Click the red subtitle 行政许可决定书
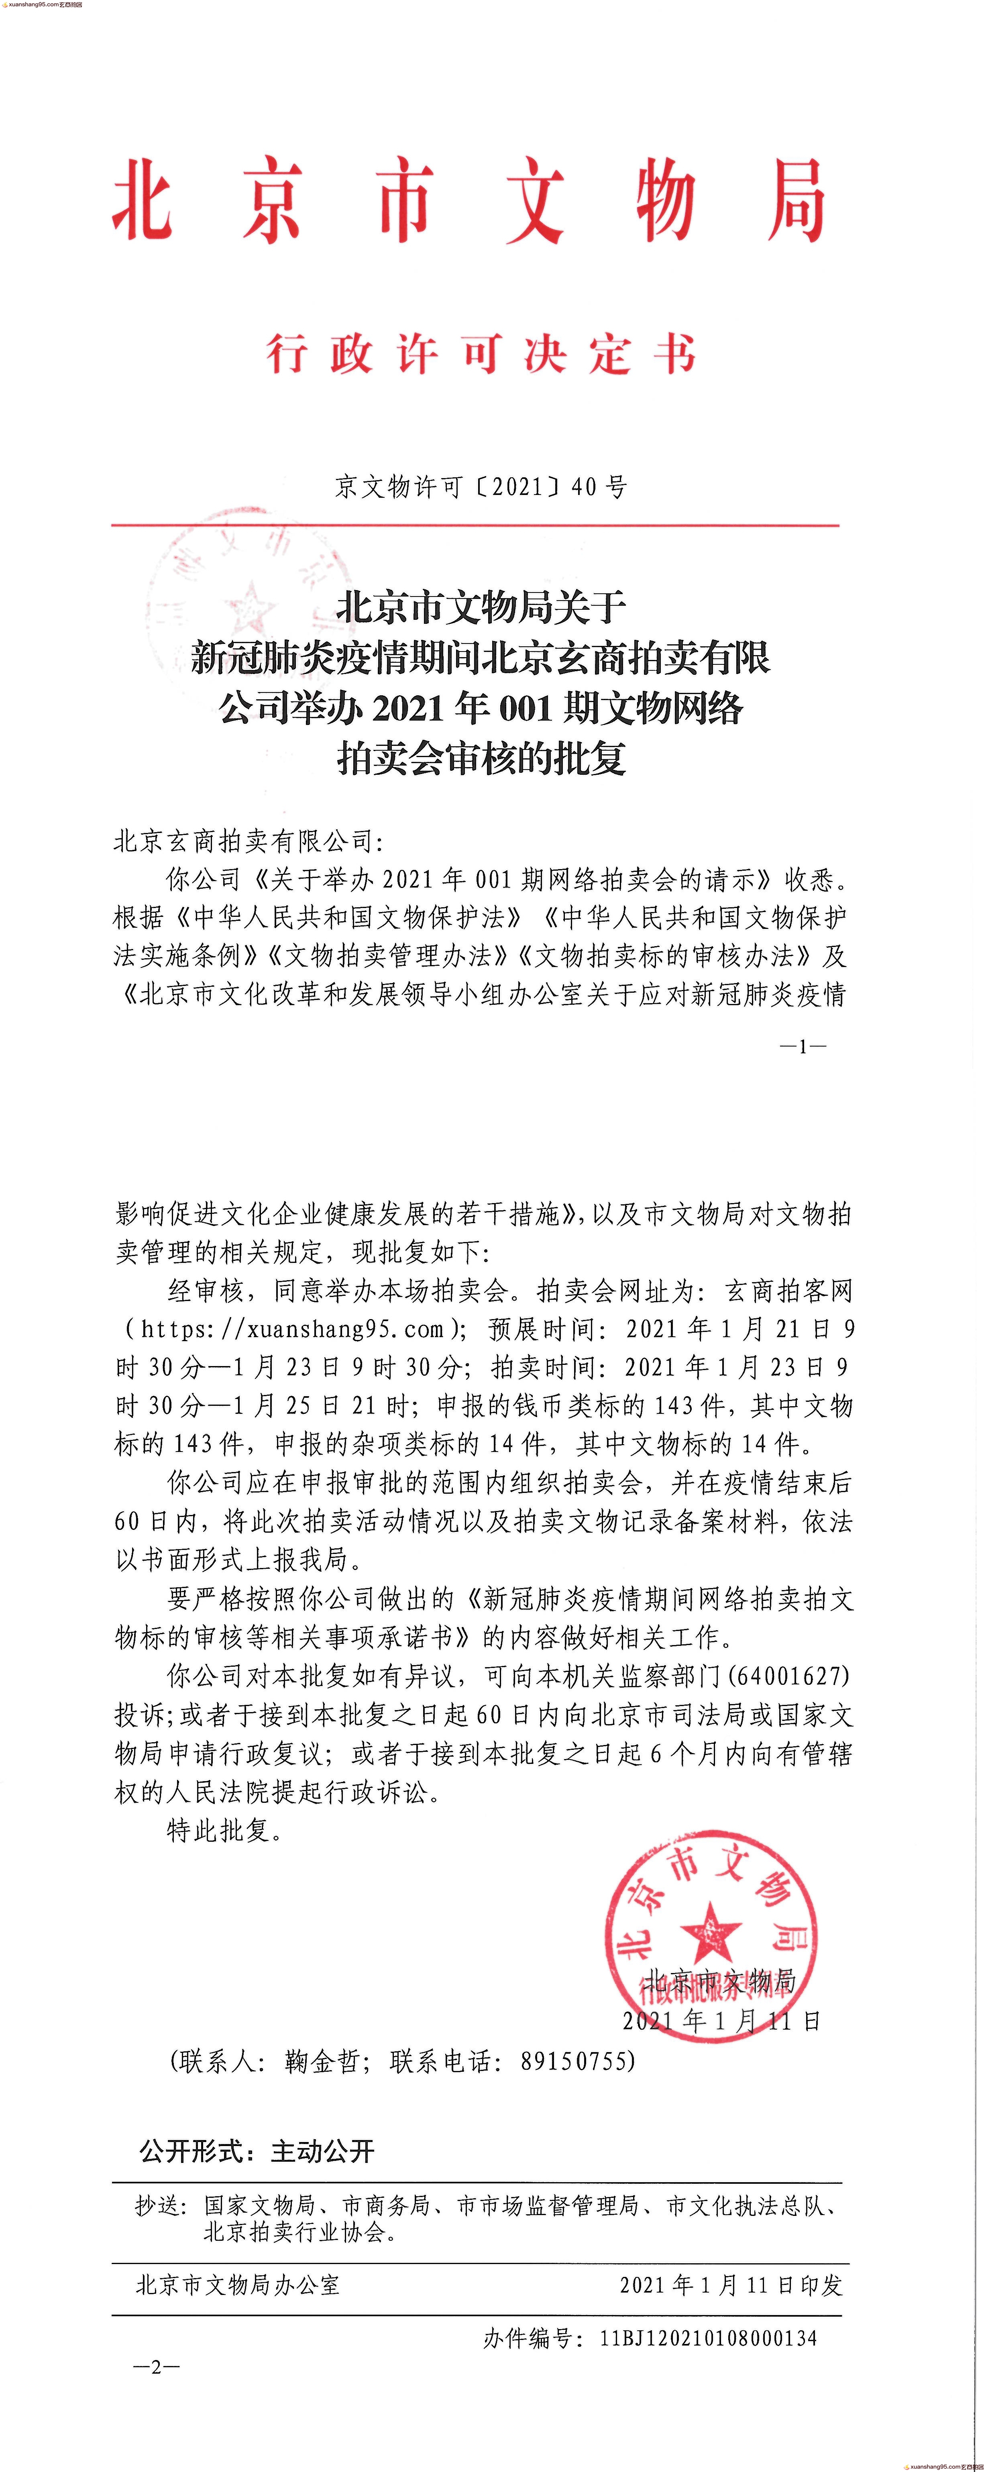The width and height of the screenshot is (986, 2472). (481, 354)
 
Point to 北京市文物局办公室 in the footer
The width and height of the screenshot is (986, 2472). (238, 2285)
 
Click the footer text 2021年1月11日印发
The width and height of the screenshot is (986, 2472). (731, 2285)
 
